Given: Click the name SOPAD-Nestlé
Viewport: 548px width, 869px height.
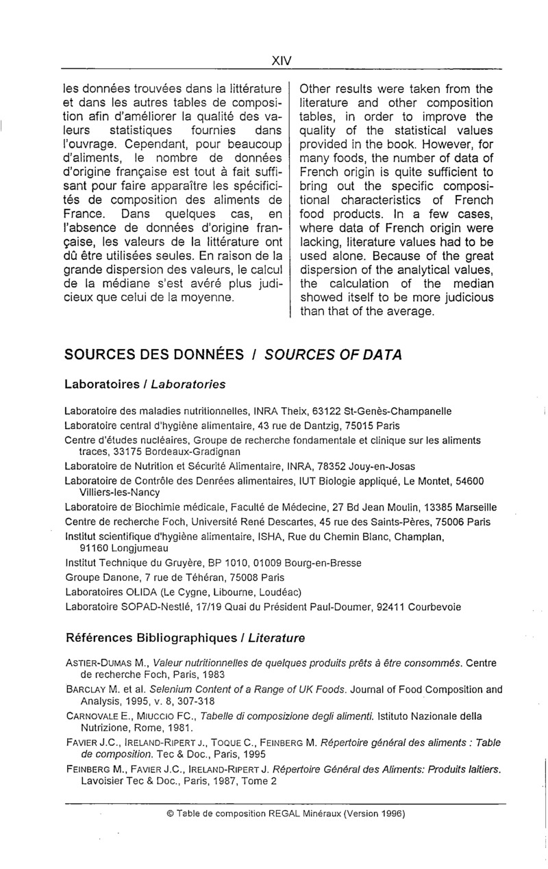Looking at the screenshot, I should pos(149,606).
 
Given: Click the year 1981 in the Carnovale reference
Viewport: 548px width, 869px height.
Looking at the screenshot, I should pos(177,727).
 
